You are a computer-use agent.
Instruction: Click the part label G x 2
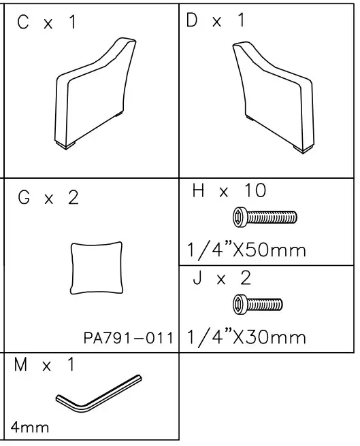tap(48, 198)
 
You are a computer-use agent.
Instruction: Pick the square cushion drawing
tap(97, 268)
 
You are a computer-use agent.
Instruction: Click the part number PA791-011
tap(128, 338)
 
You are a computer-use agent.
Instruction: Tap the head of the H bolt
tap(240, 218)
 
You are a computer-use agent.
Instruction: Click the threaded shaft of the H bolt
tap(272, 218)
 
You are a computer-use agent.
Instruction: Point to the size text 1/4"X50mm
tap(246, 250)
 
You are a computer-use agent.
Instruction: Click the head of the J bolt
tap(240, 303)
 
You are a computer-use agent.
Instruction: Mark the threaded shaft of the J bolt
tap(265, 303)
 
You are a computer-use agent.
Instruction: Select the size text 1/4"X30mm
tap(246, 336)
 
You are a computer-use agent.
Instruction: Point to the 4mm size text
tap(30, 428)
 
